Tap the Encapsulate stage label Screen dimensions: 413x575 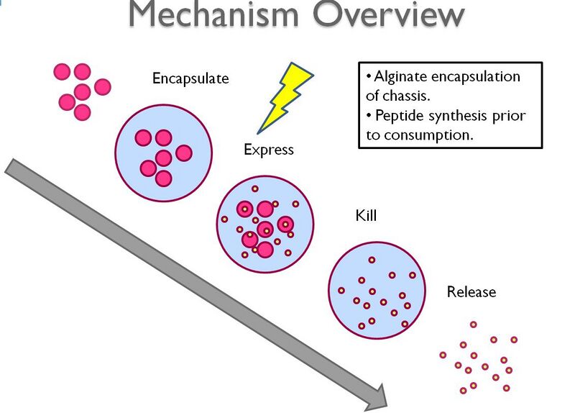[190, 78]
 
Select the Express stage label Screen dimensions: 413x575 [269, 150]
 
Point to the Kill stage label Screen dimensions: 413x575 [366, 215]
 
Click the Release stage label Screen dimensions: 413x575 [471, 291]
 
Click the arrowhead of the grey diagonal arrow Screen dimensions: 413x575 [380, 393]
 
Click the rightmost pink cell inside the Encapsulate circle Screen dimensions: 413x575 [183, 153]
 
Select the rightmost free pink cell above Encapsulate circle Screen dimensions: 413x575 [103, 86]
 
